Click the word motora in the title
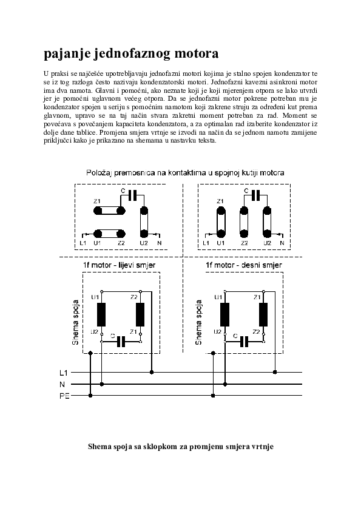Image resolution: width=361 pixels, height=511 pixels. pos(197,54)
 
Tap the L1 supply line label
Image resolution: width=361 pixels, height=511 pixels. pos(64,373)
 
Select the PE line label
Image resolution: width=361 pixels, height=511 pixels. pos(64,396)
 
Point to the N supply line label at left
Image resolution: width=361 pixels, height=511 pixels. pos(62,385)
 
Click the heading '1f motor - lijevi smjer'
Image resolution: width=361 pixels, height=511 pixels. pos(120,265)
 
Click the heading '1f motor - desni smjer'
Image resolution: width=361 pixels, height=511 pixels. pos(244,265)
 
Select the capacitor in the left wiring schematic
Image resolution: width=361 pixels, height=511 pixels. pos(121,342)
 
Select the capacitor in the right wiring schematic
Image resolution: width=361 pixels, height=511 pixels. pos(244,342)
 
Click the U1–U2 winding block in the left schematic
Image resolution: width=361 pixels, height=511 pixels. pos(102,314)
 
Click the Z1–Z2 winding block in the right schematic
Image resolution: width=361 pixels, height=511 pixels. pos(263,314)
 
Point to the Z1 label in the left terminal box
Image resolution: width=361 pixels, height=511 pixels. pos(97,201)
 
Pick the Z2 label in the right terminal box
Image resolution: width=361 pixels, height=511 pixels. pos(245,243)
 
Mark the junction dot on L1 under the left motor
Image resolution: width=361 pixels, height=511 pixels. pos(152,372)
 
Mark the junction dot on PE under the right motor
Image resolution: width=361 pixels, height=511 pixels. pos(213,396)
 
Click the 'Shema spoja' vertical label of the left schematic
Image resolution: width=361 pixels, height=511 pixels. pos(76,322)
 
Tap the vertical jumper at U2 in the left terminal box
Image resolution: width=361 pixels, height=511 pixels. pos(144,222)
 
